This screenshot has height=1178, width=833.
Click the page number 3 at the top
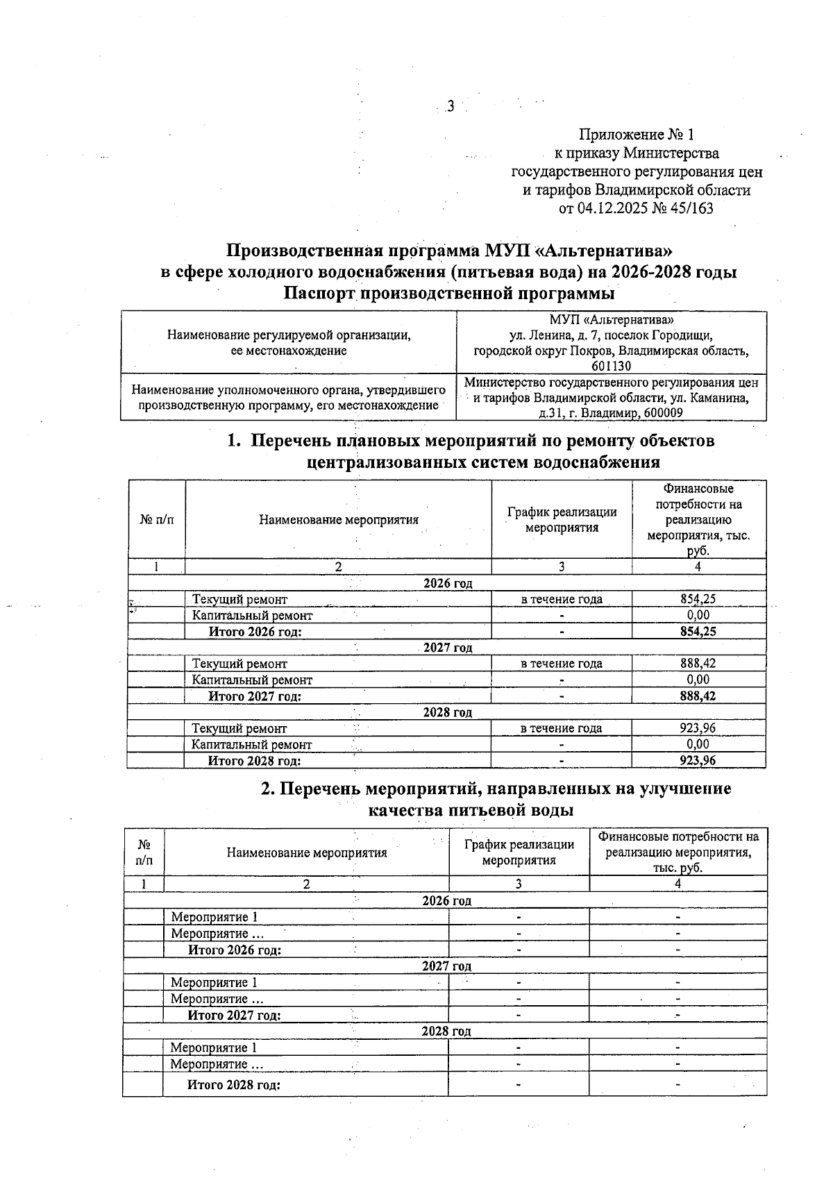(x=451, y=106)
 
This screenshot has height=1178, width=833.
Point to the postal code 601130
(x=611, y=366)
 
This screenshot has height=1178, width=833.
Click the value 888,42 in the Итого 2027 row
(x=698, y=696)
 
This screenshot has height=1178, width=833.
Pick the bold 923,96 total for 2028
(x=698, y=761)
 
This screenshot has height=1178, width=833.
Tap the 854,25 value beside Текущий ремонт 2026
(x=698, y=599)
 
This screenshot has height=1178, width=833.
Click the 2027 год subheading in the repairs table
(x=448, y=648)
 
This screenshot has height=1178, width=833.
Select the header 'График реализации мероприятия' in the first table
(x=562, y=519)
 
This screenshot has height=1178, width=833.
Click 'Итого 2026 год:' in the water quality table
(x=235, y=950)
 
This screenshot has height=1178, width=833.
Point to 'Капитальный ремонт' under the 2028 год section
(x=252, y=745)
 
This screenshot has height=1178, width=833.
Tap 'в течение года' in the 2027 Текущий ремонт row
(x=562, y=664)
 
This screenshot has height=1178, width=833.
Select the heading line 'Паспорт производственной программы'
(x=449, y=294)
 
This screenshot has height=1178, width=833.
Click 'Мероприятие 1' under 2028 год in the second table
(x=214, y=1047)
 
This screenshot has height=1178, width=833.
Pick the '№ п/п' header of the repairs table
(x=157, y=519)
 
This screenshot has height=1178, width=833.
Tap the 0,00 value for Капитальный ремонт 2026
(x=698, y=615)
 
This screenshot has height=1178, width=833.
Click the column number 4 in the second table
(x=678, y=884)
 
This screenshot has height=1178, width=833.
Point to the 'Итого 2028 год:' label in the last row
(x=234, y=1085)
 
